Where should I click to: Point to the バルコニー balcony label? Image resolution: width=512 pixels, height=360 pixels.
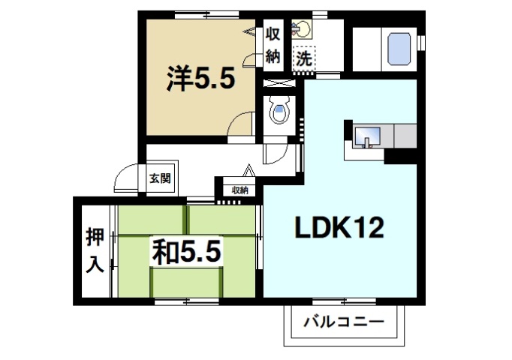point(343,323)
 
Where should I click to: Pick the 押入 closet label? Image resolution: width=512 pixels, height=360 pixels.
point(93,249)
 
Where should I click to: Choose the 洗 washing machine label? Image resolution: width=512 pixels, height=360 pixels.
point(304,57)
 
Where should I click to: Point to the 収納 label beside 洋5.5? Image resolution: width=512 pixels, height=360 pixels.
point(273,46)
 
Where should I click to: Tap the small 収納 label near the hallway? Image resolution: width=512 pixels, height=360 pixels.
point(239,190)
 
